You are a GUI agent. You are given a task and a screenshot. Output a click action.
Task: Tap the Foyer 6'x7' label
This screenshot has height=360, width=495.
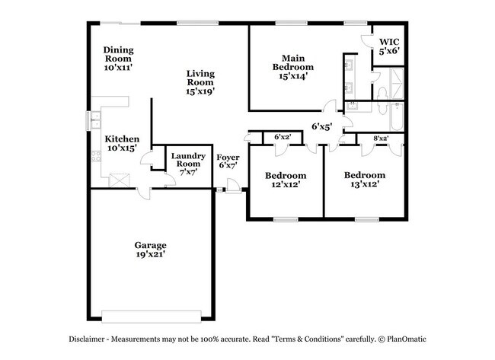pos(228,161)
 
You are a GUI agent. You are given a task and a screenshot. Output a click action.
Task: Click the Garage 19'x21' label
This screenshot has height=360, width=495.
pos(151,250)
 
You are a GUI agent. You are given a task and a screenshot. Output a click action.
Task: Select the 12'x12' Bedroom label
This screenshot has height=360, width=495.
pos(286,180)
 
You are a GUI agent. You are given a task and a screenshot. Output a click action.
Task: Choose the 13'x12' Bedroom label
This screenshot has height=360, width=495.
pos(363,179)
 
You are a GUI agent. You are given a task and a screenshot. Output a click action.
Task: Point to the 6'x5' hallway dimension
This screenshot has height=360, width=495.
pos(321,126)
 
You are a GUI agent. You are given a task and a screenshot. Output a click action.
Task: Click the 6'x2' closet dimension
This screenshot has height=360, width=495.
pos(283,138)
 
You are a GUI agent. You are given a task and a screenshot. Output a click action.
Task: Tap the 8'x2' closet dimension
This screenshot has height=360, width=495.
pos(382,138)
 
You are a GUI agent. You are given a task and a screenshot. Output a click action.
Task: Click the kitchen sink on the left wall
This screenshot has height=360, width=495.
pos(94,119)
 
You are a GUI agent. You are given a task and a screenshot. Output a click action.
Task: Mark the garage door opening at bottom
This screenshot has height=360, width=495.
pos(152,315)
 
